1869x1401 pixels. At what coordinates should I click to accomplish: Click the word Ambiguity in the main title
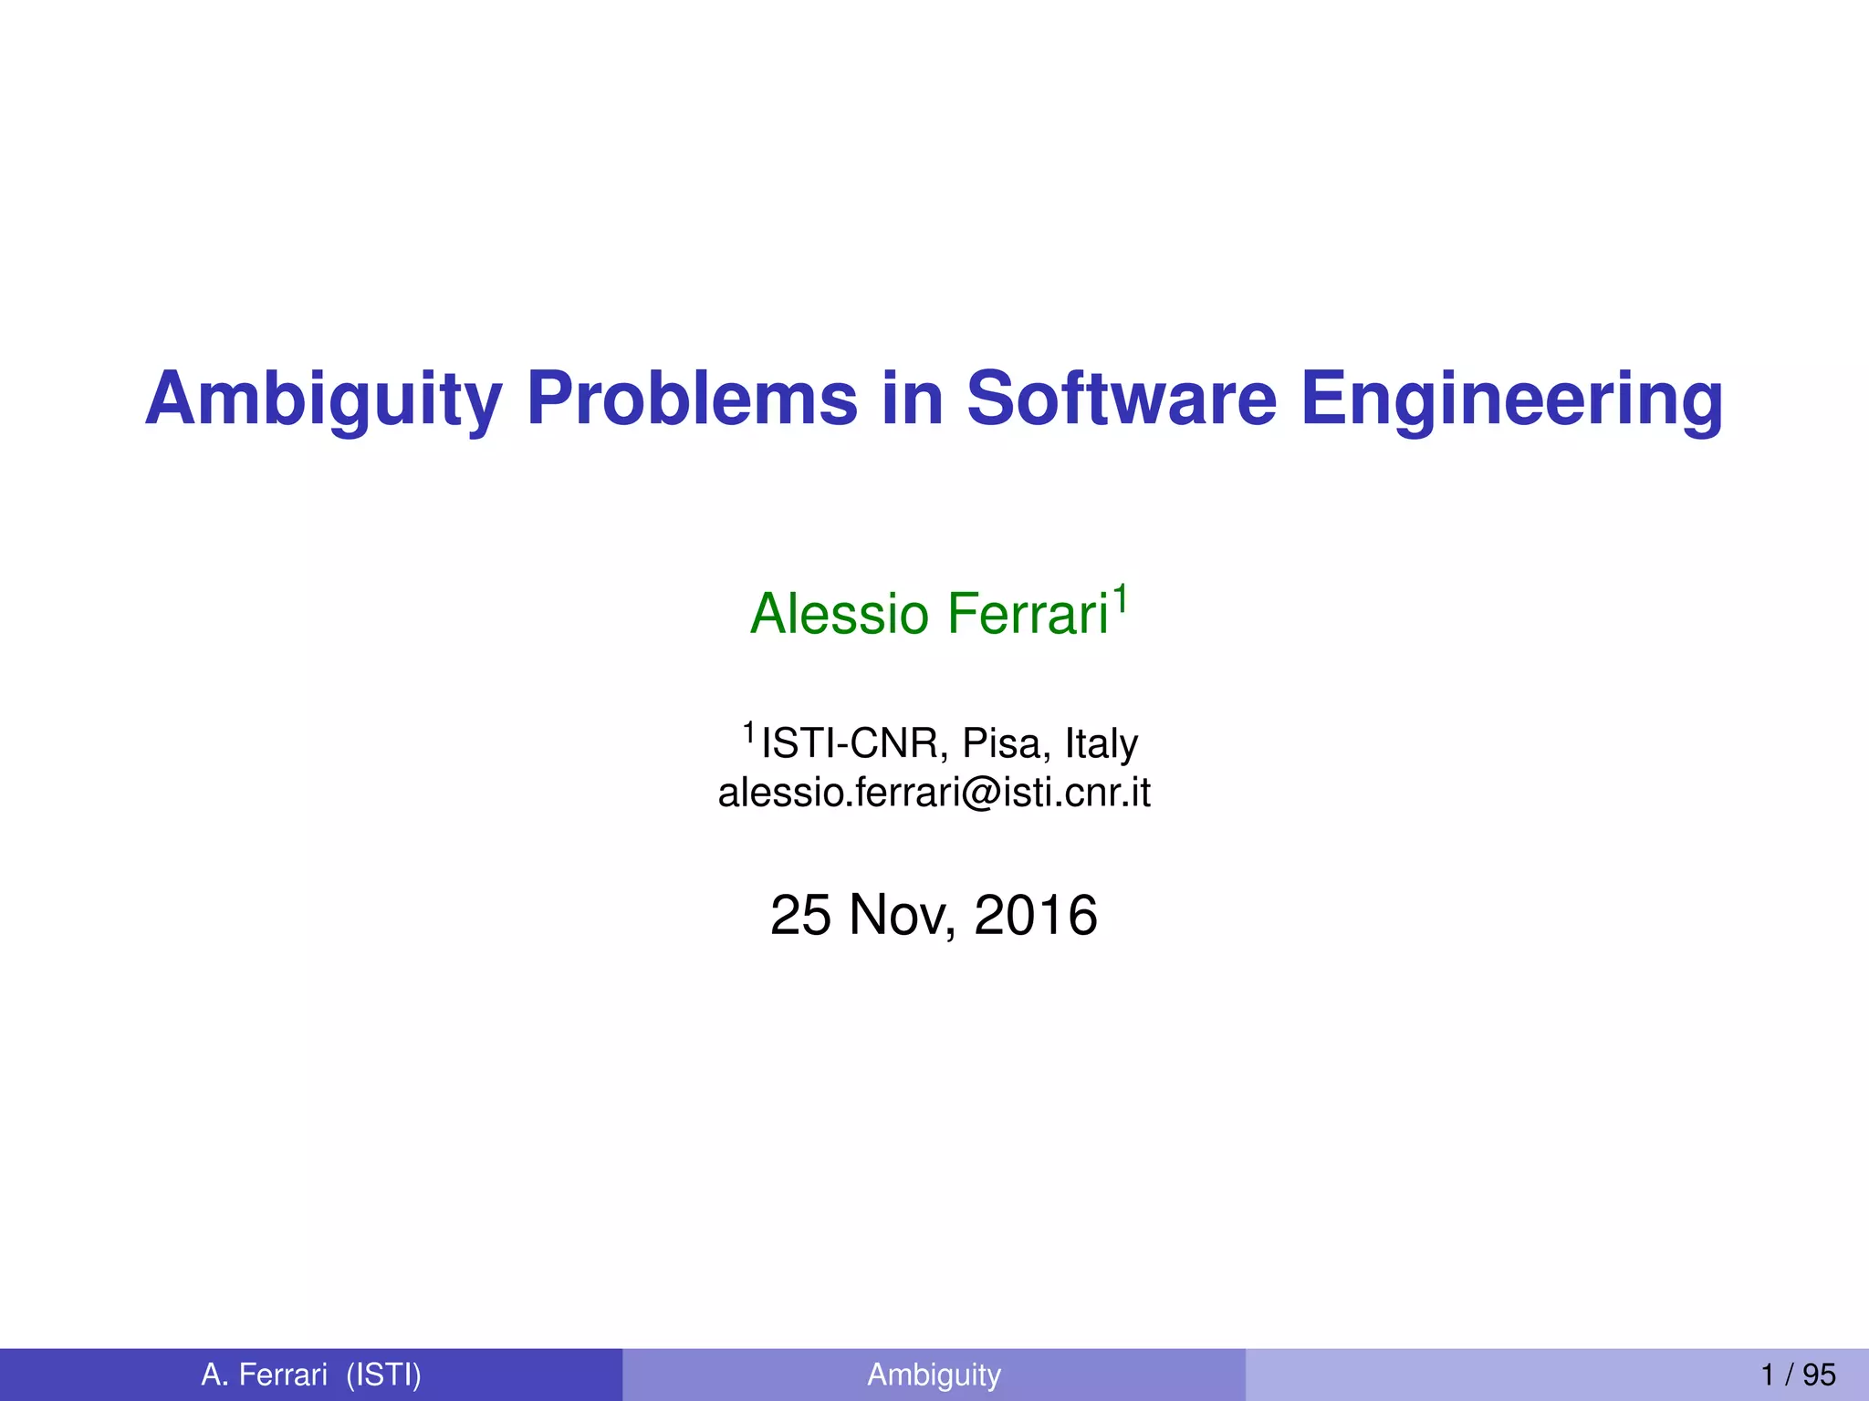pyautogui.click(x=323, y=400)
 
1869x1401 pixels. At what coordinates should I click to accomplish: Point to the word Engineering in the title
pyautogui.click(x=1511, y=400)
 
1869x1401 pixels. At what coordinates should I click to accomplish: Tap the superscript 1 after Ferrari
pyautogui.click(x=1121, y=598)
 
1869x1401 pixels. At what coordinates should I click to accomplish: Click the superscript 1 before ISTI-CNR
pyautogui.click(x=748, y=732)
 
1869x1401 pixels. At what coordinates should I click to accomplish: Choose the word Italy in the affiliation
pyautogui.click(x=1102, y=743)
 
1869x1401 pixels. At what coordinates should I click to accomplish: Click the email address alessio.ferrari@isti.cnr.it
pyautogui.click(x=934, y=792)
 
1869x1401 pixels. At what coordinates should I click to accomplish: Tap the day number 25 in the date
pyautogui.click(x=800, y=915)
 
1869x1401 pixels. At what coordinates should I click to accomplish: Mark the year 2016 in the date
pyautogui.click(x=1036, y=915)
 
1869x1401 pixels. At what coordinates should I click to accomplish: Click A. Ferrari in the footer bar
pyautogui.click(x=264, y=1374)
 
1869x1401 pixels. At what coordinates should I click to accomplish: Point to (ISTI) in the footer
pyautogui.click(x=383, y=1374)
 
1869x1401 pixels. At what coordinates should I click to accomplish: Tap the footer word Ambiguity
pyautogui.click(x=934, y=1374)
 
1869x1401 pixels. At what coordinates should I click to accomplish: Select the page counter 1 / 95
pyautogui.click(x=1798, y=1374)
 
